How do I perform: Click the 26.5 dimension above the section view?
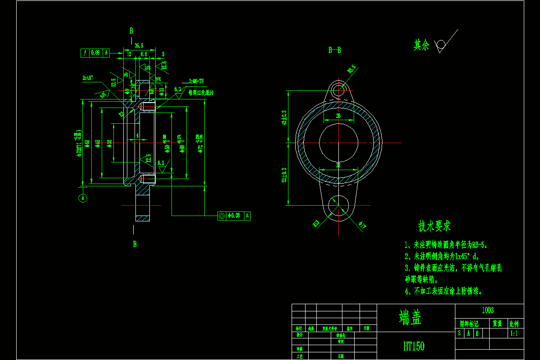point(139,45)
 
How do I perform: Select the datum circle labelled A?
point(83,198)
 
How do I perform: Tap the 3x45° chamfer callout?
point(87,78)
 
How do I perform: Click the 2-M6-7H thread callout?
point(196,81)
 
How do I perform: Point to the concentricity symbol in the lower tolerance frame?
point(221,216)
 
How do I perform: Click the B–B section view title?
point(334,50)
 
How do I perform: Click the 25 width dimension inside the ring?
point(338,116)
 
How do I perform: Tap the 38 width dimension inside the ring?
point(338,165)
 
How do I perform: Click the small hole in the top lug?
point(338,90)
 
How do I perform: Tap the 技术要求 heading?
point(434,226)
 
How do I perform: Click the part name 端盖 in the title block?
point(410,318)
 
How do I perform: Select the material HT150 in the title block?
point(414,346)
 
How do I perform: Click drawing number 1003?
point(488,310)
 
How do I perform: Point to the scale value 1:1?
point(514,333)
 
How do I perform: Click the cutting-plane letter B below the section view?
point(135,244)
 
